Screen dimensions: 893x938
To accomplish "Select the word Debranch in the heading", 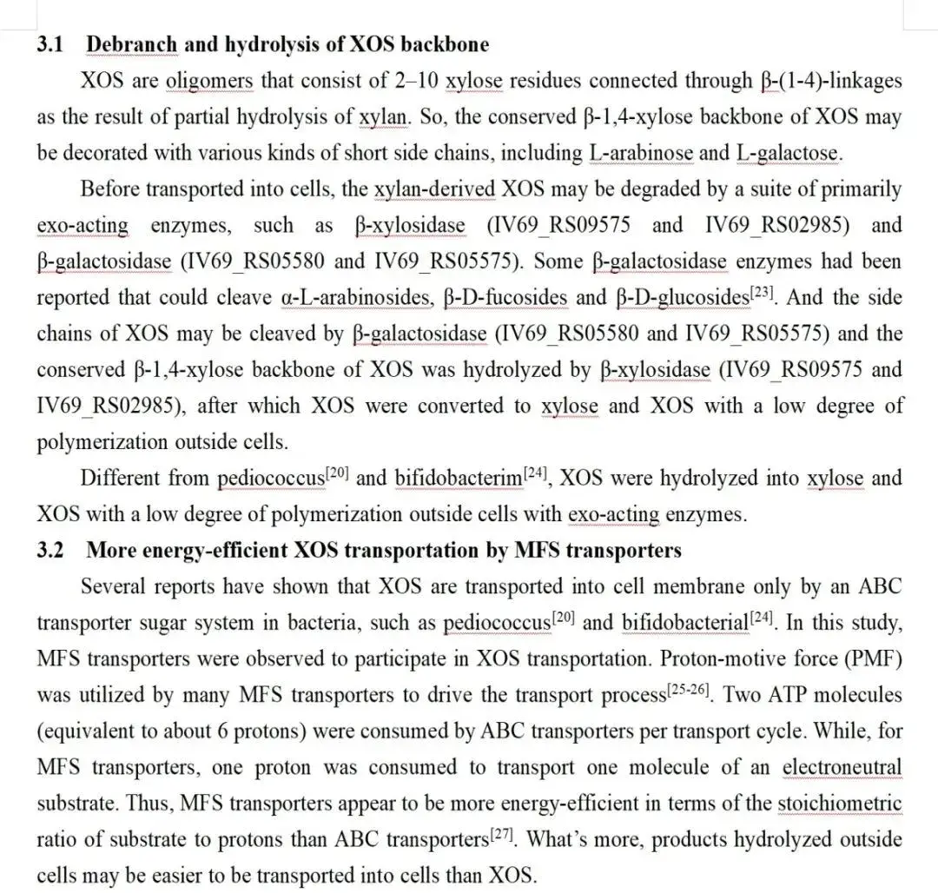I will click(132, 43).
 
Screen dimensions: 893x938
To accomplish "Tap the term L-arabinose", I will click(641, 154).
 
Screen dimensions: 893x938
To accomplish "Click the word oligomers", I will click(209, 81).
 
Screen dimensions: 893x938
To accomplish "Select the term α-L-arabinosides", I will click(357, 298).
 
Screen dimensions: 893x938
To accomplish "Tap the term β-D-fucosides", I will click(505, 298).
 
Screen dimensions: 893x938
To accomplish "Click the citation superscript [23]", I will click(761, 292).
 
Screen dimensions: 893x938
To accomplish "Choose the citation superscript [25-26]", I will click(694, 689).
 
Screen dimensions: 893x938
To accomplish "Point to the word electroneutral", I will click(842, 767).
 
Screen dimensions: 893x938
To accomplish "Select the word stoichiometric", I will click(839, 804).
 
